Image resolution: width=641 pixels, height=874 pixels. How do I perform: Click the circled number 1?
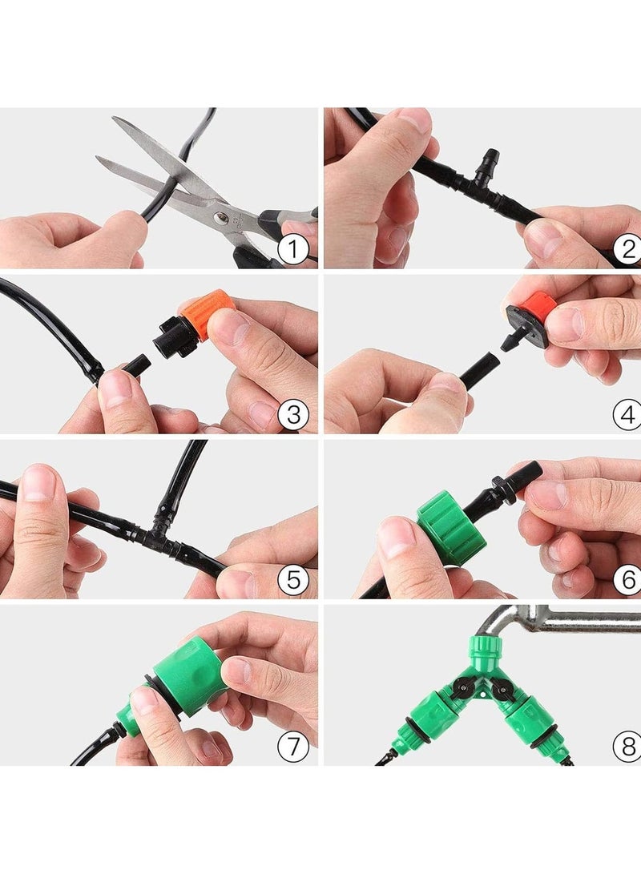[293, 249]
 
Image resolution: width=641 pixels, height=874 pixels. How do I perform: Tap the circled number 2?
[627, 249]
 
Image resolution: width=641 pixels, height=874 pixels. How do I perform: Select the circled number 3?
[293, 414]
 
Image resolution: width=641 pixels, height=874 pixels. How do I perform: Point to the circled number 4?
[627, 415]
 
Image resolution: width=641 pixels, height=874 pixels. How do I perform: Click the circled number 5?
[293, 580]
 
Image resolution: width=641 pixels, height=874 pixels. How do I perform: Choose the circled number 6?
[627, 580]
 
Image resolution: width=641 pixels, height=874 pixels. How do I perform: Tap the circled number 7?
[293, 745]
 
